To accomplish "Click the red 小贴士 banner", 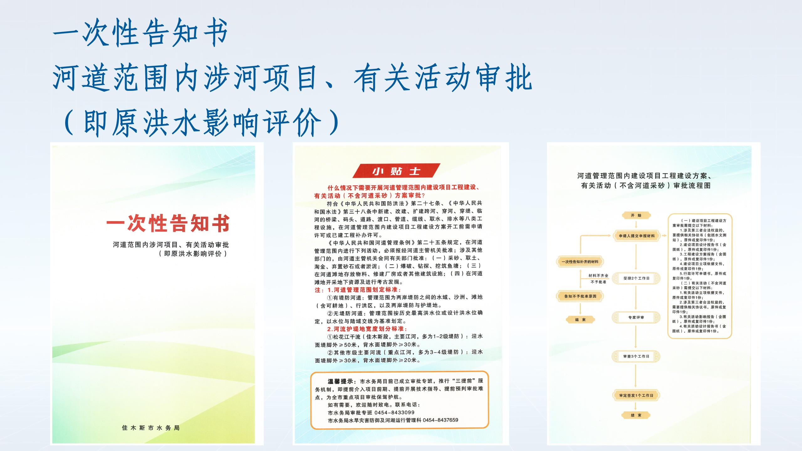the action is coord(396,171).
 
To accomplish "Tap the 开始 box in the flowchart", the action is coord(636,215).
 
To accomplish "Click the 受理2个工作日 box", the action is coord(636,278).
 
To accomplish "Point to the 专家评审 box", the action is coord(636,317).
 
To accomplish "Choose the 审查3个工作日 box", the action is coord(636,356).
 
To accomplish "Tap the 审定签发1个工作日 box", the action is coord(636,395).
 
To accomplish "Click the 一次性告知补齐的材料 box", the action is coord(580,262).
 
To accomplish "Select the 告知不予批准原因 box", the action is coord(580,296).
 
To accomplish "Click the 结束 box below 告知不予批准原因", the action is coord(580,319).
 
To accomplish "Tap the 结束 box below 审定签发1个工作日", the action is coord(636,415).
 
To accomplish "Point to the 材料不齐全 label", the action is coord(598,276).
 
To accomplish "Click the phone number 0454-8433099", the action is coord(394,412).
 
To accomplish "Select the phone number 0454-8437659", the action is coord(440,420).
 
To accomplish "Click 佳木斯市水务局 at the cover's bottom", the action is coord(151,428).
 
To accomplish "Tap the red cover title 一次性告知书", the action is coord(168,223).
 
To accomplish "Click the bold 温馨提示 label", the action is coord(341,381).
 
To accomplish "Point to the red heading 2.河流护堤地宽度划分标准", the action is coord(367,329).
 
